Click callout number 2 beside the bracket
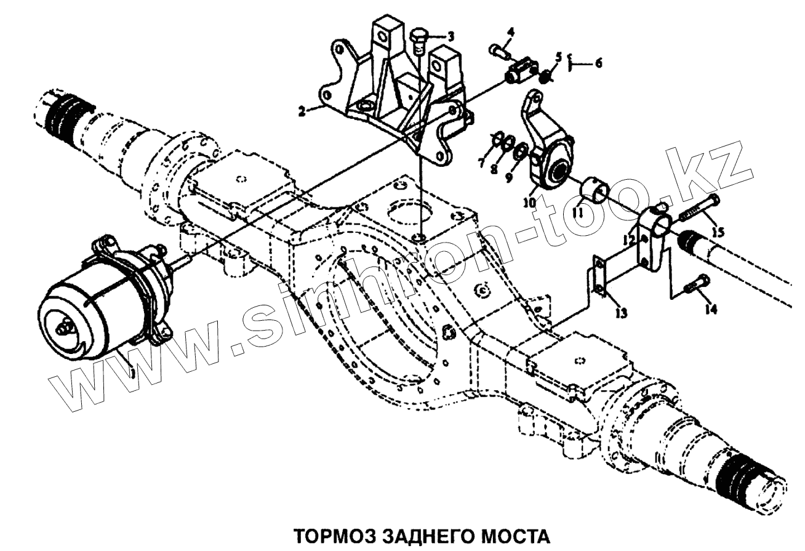coord(302,112)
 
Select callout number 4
coord(511,31)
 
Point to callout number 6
coord(598,63)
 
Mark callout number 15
coord(718,231)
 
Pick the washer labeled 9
coord(519,150)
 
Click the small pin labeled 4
coord(498,50)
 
